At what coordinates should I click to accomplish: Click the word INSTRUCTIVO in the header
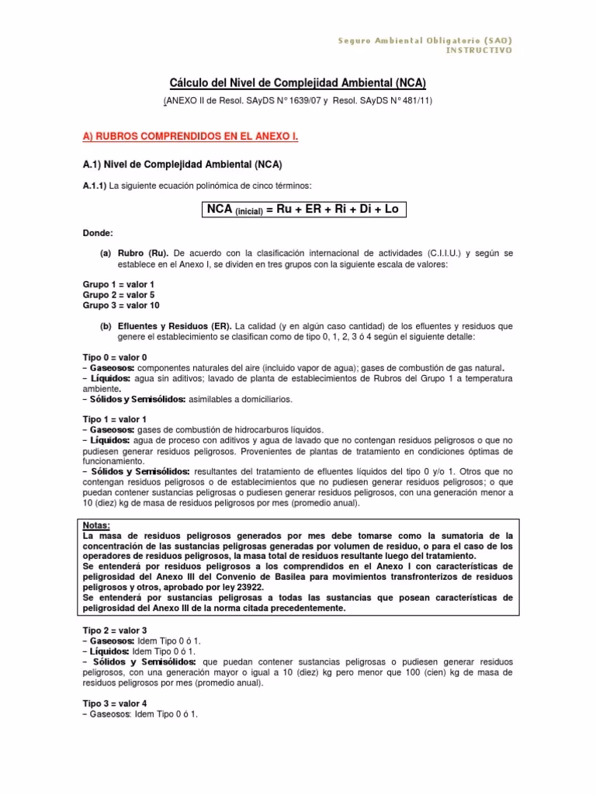click(479, 50)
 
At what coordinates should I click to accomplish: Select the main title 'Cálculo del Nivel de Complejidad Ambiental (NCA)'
click(297, 83)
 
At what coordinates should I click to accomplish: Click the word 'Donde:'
click(98, 232)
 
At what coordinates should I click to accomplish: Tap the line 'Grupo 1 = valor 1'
click(119, 284)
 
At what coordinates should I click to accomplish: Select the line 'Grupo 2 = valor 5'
click(119, 295)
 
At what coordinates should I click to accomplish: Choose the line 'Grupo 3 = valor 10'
click(121, 305)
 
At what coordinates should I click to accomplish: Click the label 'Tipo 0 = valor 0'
click(115, 356)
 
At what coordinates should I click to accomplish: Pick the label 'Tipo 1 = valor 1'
click(115, 419)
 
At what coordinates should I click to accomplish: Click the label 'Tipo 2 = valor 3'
click(115, 630)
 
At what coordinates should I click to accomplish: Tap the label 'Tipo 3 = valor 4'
click(115, 703)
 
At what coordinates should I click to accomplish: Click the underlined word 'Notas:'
click(97, 526)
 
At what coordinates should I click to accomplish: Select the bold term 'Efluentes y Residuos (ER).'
click(168, 326)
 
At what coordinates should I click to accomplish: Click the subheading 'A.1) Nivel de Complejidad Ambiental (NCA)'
click(182, 165)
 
